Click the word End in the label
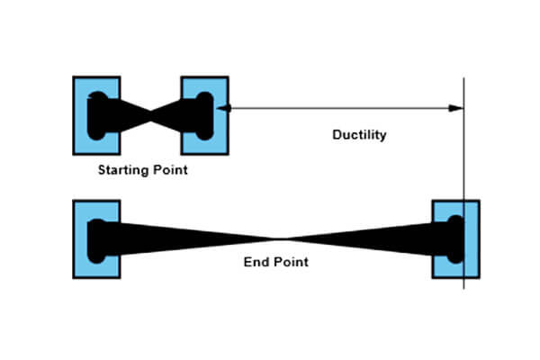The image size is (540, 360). [257, 263]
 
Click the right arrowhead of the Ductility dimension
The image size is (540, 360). [457, 109]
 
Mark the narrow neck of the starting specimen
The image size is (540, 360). [150, 114]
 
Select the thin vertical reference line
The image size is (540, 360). [464, 162]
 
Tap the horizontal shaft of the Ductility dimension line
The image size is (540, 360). [342, 109]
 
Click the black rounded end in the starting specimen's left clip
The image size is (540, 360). [98, 114]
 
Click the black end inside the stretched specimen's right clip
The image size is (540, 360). [454, 238]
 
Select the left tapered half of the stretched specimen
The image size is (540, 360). [180, 236]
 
